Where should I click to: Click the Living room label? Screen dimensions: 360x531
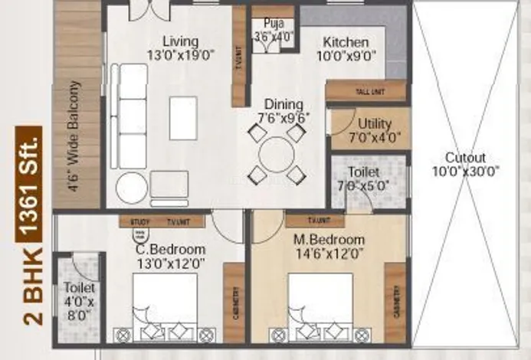click(181, 41)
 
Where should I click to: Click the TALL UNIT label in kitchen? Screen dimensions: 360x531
click(371, 91)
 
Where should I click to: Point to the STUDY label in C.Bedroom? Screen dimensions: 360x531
click(139, 222)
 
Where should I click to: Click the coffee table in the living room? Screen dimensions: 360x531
click(183, 118)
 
